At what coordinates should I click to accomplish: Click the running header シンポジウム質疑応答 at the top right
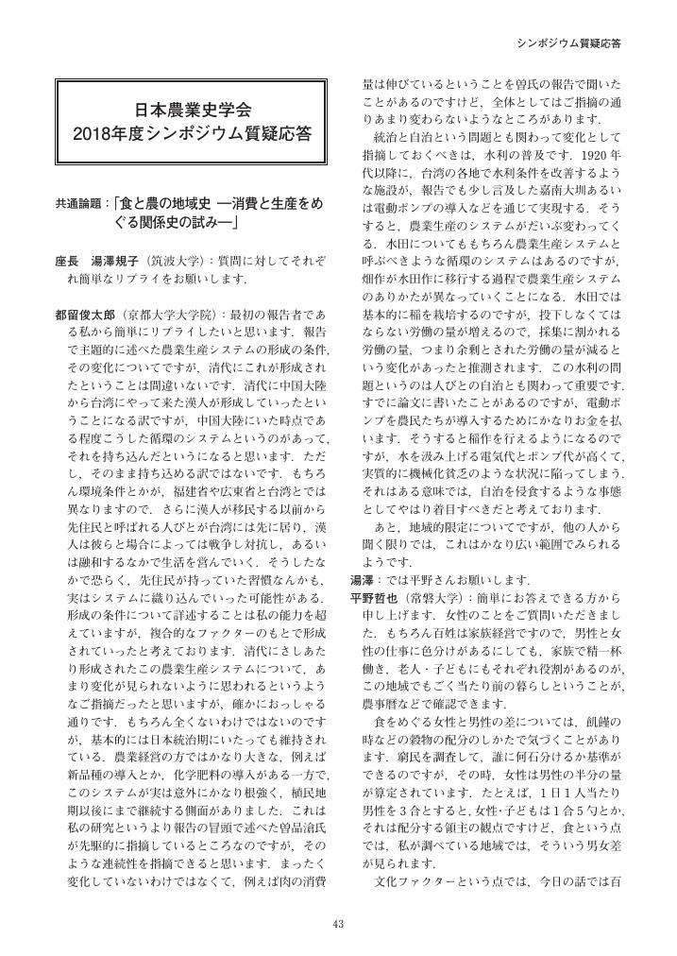tap(576, 44)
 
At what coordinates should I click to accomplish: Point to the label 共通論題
tap(80, 203)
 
